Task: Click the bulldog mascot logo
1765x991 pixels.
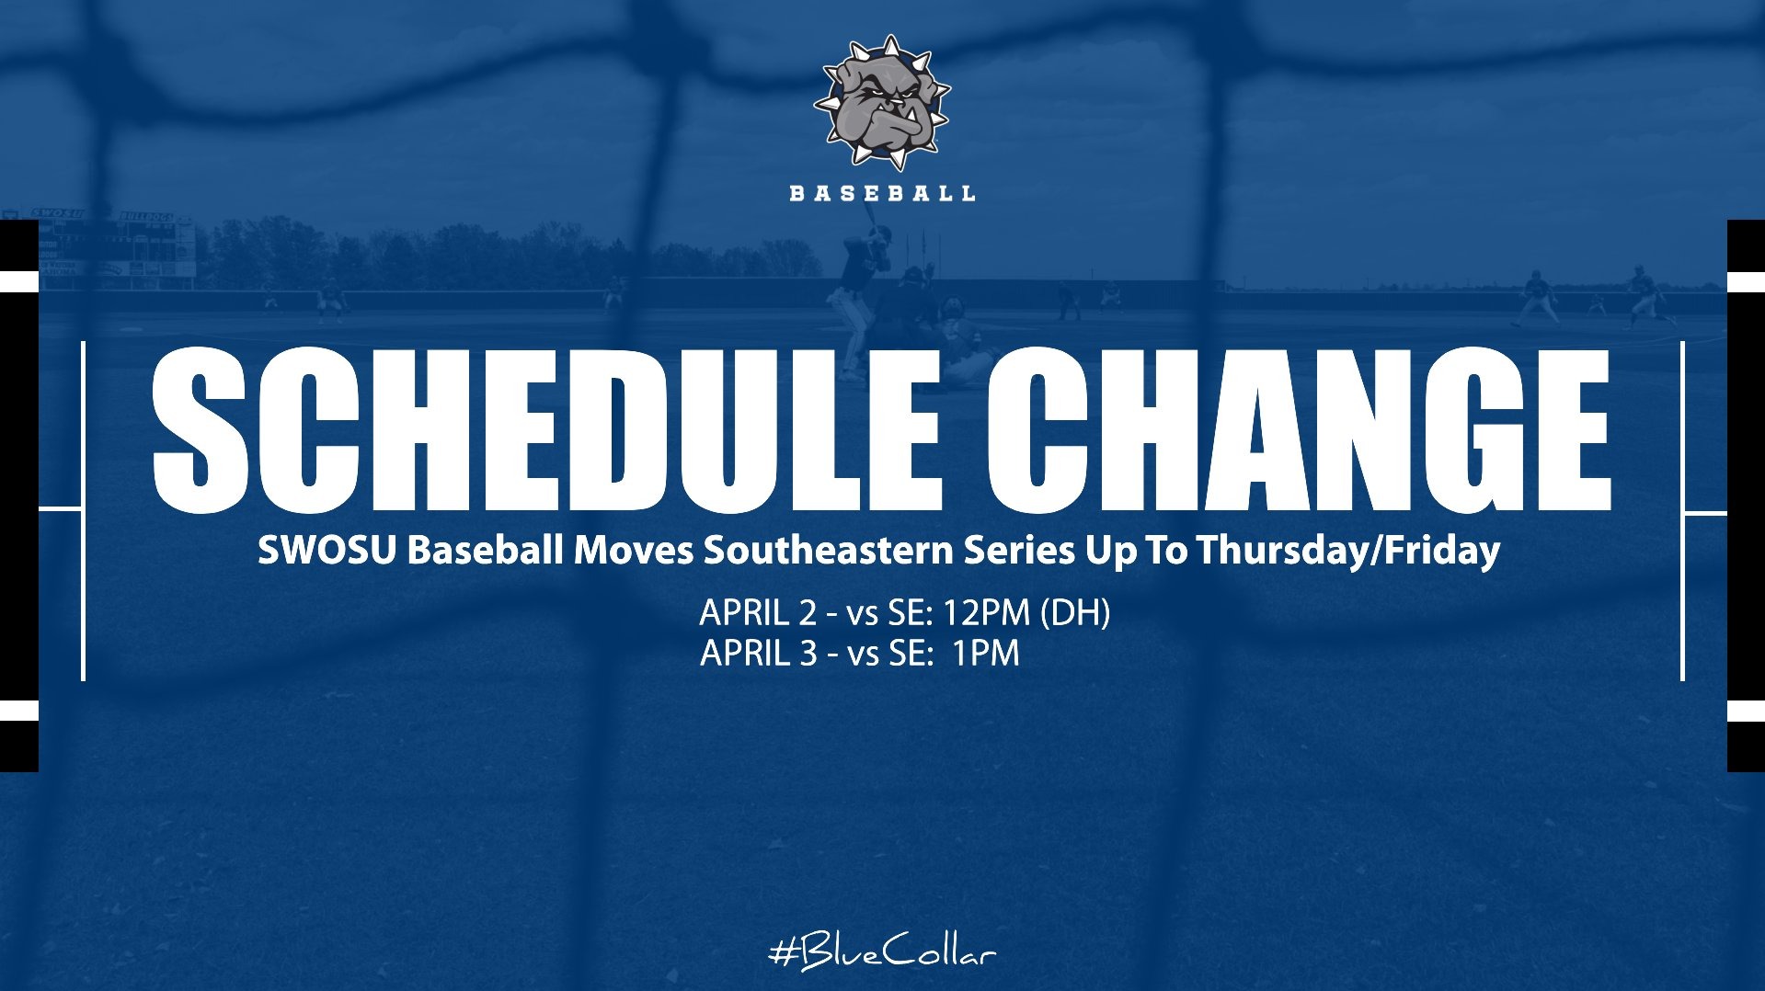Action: click(882, 101)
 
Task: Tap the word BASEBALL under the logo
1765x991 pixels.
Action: click(882, 193)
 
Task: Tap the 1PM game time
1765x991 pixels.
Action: click(985, 654)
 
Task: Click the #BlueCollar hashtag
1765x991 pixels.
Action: click(882, 952)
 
